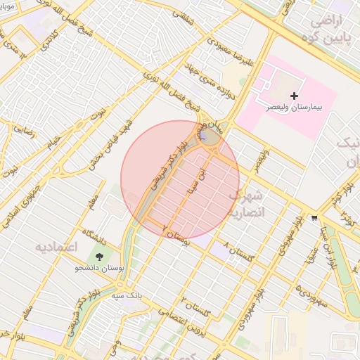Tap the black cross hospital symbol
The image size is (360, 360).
pyautogui.click(x=294, y=95)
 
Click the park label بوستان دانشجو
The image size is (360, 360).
pyautogui.click(x=98, y=268)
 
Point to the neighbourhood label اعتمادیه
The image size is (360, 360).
pyautogui.click(x=55, y=248)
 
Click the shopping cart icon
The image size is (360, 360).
pyautogui.click(x=314, y=219)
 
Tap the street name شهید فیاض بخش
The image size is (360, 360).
pyautogui.click(x=112, y=141)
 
